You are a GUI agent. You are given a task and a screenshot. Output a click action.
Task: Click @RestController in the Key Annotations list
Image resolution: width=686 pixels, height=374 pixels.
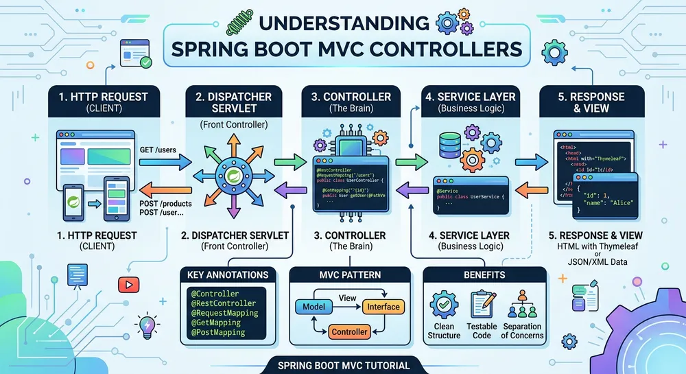pos(222,303)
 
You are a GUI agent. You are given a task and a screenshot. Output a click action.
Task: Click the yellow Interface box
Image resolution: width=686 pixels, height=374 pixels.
pos(382,307)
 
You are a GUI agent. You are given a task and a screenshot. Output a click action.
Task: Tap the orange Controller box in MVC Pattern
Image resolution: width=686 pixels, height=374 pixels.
pos(349,332)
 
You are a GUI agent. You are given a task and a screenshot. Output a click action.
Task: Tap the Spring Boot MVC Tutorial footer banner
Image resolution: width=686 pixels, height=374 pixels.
pos(341,365)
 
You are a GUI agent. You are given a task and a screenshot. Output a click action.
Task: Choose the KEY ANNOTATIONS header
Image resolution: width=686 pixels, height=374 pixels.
pos(227,274)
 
